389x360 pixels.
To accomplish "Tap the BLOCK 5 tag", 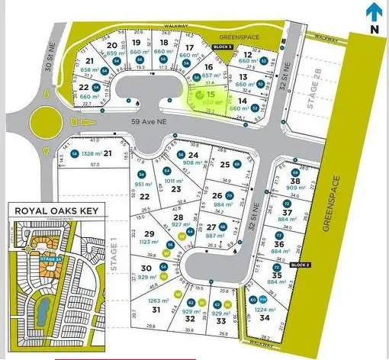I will coord(221,47).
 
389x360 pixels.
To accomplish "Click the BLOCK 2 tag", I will coord(301,265).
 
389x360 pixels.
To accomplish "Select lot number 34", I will coord(265,317).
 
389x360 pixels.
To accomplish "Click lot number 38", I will coord(295,180).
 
